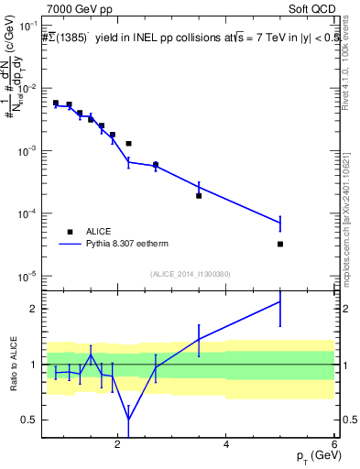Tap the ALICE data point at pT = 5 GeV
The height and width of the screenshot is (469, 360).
tap(280, 244)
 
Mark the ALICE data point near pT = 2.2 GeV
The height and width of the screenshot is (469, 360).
tap(129, 144)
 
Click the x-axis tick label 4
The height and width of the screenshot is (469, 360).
tap(226, 444)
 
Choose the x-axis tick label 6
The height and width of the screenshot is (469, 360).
tap(334, 444)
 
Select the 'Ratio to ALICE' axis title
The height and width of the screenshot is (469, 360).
tap(12, 364)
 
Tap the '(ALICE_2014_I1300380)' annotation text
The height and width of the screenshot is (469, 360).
tap(190, 274)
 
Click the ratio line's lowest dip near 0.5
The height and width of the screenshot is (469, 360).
tap(129, 419)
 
